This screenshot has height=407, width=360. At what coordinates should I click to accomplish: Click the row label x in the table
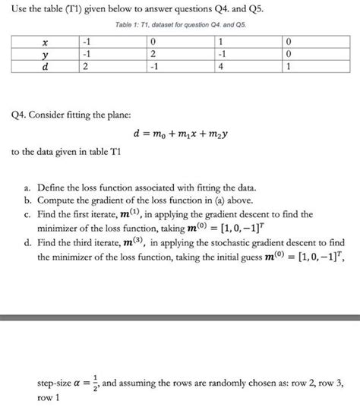coord(46,43)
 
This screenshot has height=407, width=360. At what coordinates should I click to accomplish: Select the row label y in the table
coord(46,55)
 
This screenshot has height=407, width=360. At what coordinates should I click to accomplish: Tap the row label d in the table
coord(46,66)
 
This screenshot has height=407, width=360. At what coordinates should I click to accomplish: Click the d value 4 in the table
coord(220,66)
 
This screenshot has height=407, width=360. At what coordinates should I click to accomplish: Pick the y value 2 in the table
coord(154,55)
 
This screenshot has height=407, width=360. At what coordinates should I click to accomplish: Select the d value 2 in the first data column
coord(88,66)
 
